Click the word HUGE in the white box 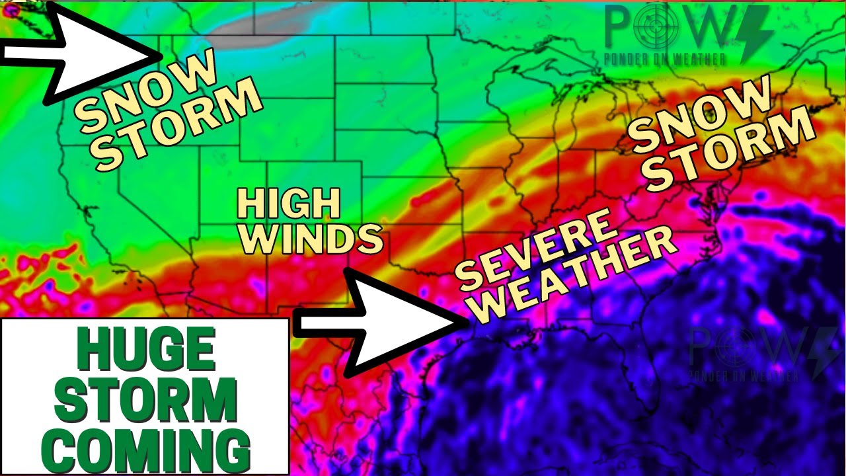146,350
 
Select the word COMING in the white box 146,450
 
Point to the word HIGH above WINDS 289,204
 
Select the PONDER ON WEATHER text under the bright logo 664,59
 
